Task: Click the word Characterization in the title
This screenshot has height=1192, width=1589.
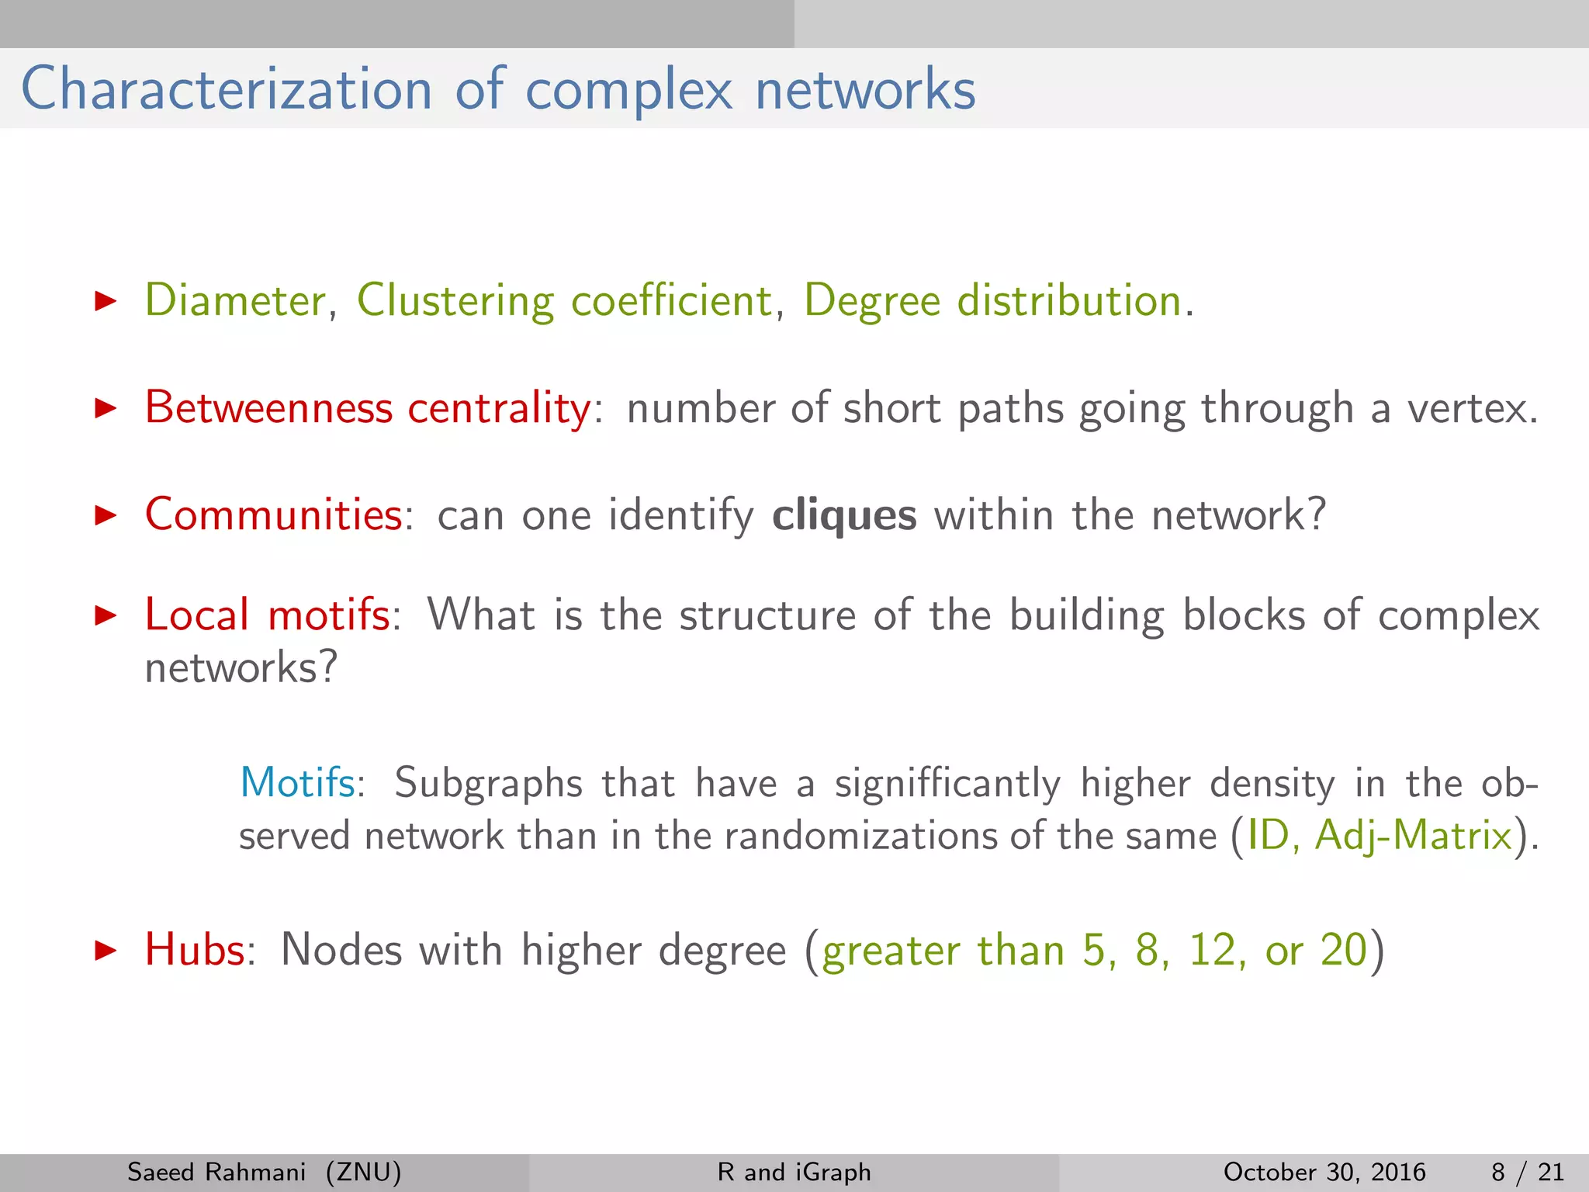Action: [x=226, y=89]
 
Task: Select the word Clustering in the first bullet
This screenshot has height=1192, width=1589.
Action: [x=455, y=302]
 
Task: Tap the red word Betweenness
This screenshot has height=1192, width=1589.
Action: [x=268, y=407]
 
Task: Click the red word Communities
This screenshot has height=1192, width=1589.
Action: [x=273, y=515]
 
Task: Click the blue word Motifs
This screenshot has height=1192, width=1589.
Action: [x=297, y=782]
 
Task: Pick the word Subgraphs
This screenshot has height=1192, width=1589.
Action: [x=488, y=784]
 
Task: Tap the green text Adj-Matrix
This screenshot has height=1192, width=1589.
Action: [x=1414, y=837]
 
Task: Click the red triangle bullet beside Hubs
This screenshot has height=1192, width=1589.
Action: [x=105, y=950]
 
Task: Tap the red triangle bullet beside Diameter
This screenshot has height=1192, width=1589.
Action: [x=105, y=301]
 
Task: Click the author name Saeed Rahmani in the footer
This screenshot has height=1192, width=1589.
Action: [x=216, y=1172]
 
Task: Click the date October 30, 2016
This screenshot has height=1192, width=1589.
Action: [x=1324, y=1172]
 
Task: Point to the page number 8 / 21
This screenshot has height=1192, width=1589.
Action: [x=1527, y=1172]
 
